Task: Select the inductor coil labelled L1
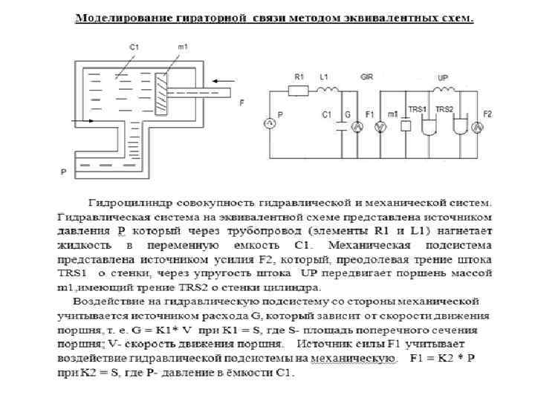[325, 90]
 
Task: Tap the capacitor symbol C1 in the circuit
[340, 126]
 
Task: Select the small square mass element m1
[405, 126]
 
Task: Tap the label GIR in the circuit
[366, 76]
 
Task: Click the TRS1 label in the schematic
[418, 109]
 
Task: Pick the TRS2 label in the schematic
[444, 109]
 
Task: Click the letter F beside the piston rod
[241, 103]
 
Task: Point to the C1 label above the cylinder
[134, 47]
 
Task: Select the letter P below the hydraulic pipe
[64, 172]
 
